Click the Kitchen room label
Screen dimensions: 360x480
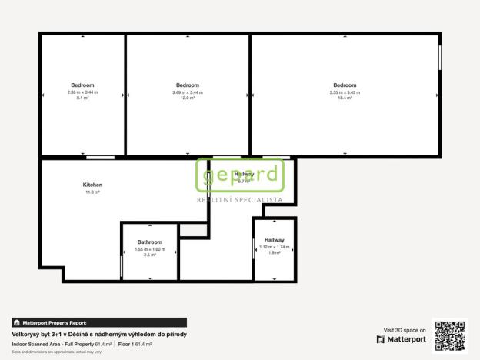pos(92,185)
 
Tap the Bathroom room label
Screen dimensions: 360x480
pos(150,242)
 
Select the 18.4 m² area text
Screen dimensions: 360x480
pos(345,98)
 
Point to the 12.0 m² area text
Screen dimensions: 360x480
pos(188,98)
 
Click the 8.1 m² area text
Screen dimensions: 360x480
pos(83,98)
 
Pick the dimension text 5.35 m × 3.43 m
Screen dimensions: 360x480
pos(345,92)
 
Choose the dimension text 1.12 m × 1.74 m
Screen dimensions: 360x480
pos(274,247)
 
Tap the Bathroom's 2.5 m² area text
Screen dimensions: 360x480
pos(150,255)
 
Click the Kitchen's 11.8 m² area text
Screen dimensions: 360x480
pos(92,192)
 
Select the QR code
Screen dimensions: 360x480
pos(450,335)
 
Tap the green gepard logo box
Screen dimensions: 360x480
pos(239,175)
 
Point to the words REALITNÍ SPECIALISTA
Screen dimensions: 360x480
pos(239,199)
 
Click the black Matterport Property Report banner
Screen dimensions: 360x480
pos(98,323)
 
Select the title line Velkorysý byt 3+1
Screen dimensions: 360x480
pos(98,335)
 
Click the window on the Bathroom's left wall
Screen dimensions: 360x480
pos(122,267)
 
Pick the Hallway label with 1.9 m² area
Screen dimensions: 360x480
pos(274,240)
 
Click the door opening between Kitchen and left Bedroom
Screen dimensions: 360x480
pos(101,157)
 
